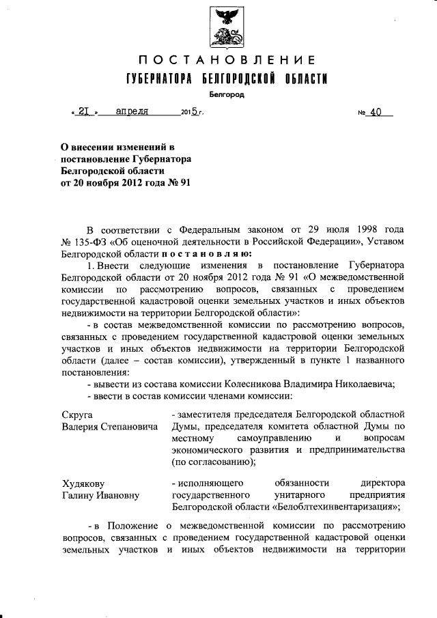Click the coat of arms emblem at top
tap(218, 26)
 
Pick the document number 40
tap(375, 112)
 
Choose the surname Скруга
tap(76, 415)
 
